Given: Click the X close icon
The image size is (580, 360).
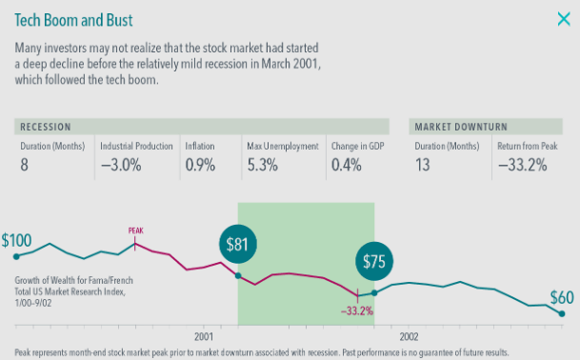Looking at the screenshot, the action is (x=564, y=19).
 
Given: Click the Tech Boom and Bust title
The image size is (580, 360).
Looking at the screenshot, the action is (x=73, y=20).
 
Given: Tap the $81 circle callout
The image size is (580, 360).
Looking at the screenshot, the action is (x=237, y=244).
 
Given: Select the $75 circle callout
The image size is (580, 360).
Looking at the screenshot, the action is (x=374, y=261).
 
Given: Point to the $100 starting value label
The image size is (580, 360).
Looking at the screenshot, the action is (x=16, y=241).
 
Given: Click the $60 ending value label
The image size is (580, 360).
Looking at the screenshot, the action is (x=562, y=297).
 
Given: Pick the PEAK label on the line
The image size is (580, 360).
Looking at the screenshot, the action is (x=136, y=230).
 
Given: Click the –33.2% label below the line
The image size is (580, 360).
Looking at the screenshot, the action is (x=357, y=310).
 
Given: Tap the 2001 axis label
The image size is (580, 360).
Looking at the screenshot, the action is (x=204, y=336).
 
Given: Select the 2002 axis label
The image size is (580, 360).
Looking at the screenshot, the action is (x=409, y=336).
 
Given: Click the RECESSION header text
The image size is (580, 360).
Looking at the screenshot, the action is (x=46, y=127).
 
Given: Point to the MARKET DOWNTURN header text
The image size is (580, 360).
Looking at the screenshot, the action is (x=461, y=127).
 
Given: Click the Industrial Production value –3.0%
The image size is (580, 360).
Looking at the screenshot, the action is (x=121, y=165).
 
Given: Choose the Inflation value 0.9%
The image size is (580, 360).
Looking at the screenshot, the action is (x=200, y=165).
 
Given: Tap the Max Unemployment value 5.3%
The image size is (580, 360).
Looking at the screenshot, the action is (x=262, y=165).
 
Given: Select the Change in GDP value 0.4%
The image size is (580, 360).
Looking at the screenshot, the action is (x=347, y=165).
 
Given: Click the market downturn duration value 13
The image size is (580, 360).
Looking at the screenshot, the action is (x=423, y=165).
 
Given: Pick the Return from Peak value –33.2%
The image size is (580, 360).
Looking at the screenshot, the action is (x=522, y=165).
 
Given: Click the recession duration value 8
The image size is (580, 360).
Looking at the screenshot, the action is (x=24, y=165).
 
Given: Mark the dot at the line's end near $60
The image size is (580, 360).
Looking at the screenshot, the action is (x=562, y=313).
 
